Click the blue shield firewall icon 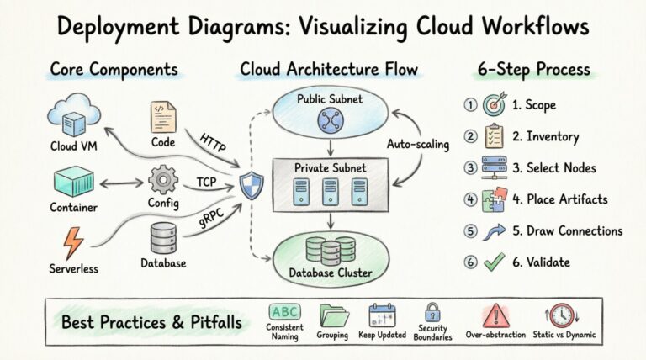pyautogui.click(x=249, y=183)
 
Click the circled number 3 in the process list pyautogui.click(x=471, y=167)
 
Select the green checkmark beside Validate pyautogui.click(x=495, y=262)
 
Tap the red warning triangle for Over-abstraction pyautogui.click(x=495, y=315)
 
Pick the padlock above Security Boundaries pyautogui.click(x=432, y=313)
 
